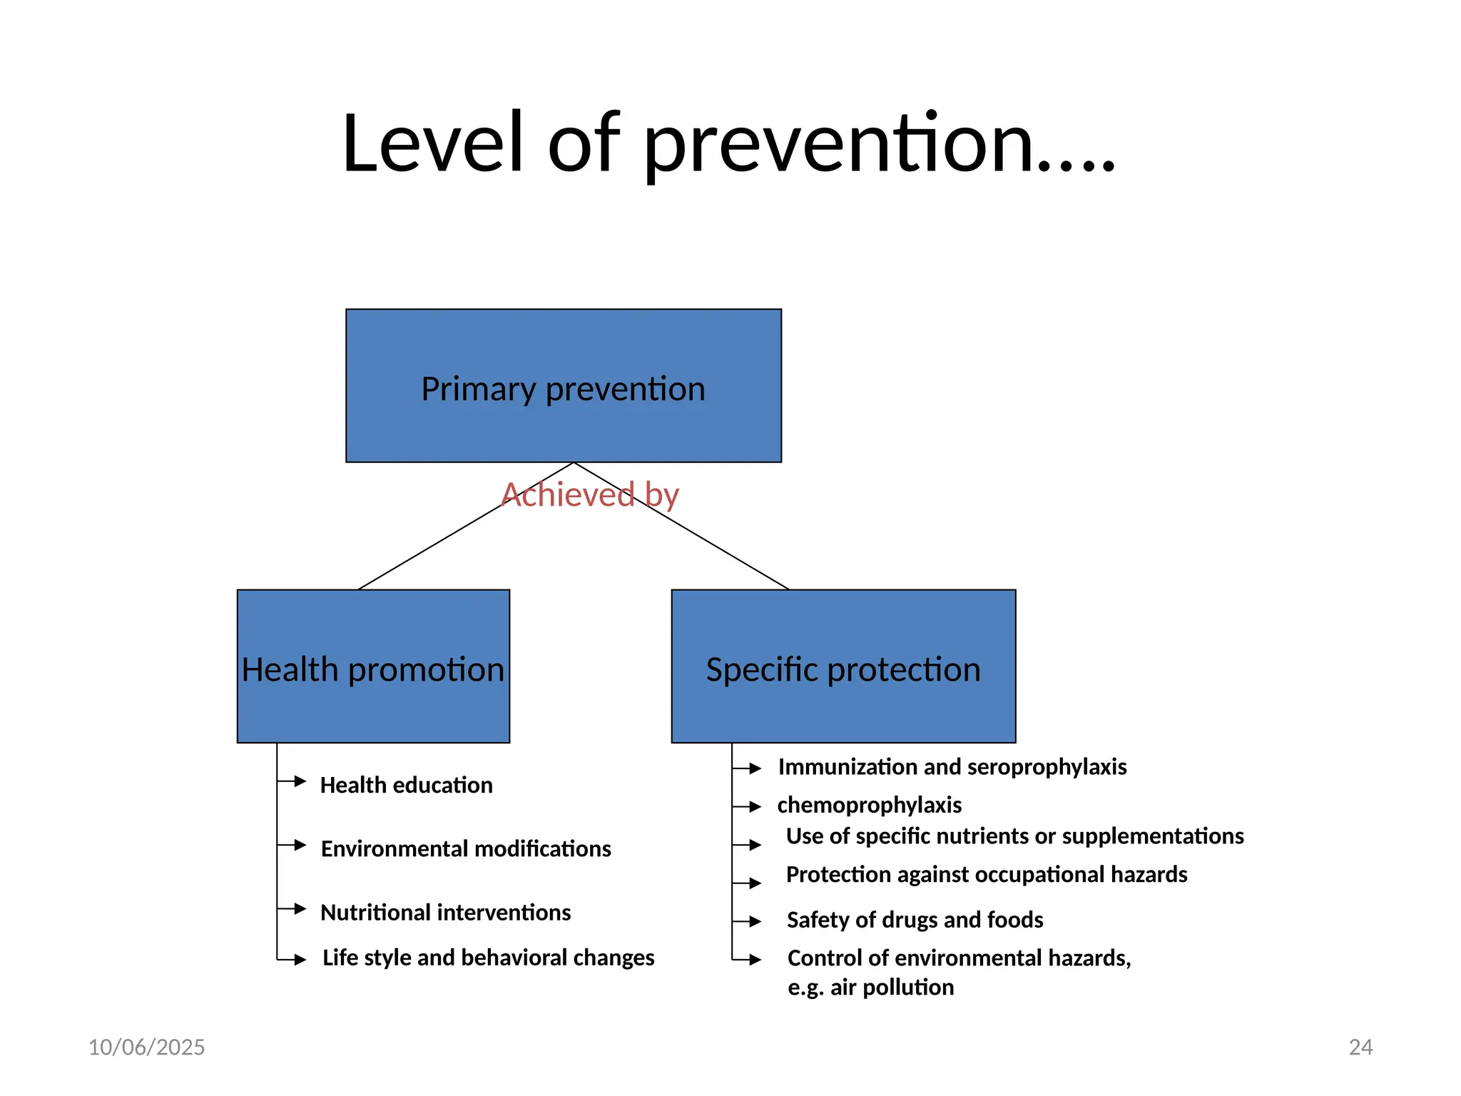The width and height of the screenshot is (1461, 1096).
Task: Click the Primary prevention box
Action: click(564, 386)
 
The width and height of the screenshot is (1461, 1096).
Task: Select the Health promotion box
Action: click(373, 666)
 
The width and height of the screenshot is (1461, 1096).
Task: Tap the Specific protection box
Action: click(843, 666)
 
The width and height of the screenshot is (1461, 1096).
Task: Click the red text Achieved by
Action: click(590, 494)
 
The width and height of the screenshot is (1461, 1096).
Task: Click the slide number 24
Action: click(1360, 1047)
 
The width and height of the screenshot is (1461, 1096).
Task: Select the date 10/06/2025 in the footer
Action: click(146, 1047)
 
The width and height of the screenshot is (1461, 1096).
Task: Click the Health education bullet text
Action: click(406, 785)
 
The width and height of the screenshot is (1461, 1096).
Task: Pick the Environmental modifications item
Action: click(466, 848)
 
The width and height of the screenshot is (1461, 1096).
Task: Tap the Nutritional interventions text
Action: click(445, 912)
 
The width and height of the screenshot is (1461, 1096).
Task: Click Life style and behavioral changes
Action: click(488, 957)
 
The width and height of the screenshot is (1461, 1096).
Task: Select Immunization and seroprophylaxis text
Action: click(952, 766)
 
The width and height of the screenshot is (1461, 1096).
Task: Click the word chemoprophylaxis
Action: click(869, 805)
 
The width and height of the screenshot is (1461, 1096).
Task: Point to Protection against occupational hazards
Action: click(986, 874)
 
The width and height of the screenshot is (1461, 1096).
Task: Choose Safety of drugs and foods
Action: click(915, 920)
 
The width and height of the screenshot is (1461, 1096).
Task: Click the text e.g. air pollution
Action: click(870, 987)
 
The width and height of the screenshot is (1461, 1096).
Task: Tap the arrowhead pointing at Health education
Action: click(300, 781)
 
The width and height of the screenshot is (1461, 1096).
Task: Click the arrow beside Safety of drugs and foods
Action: click(755, 921)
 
